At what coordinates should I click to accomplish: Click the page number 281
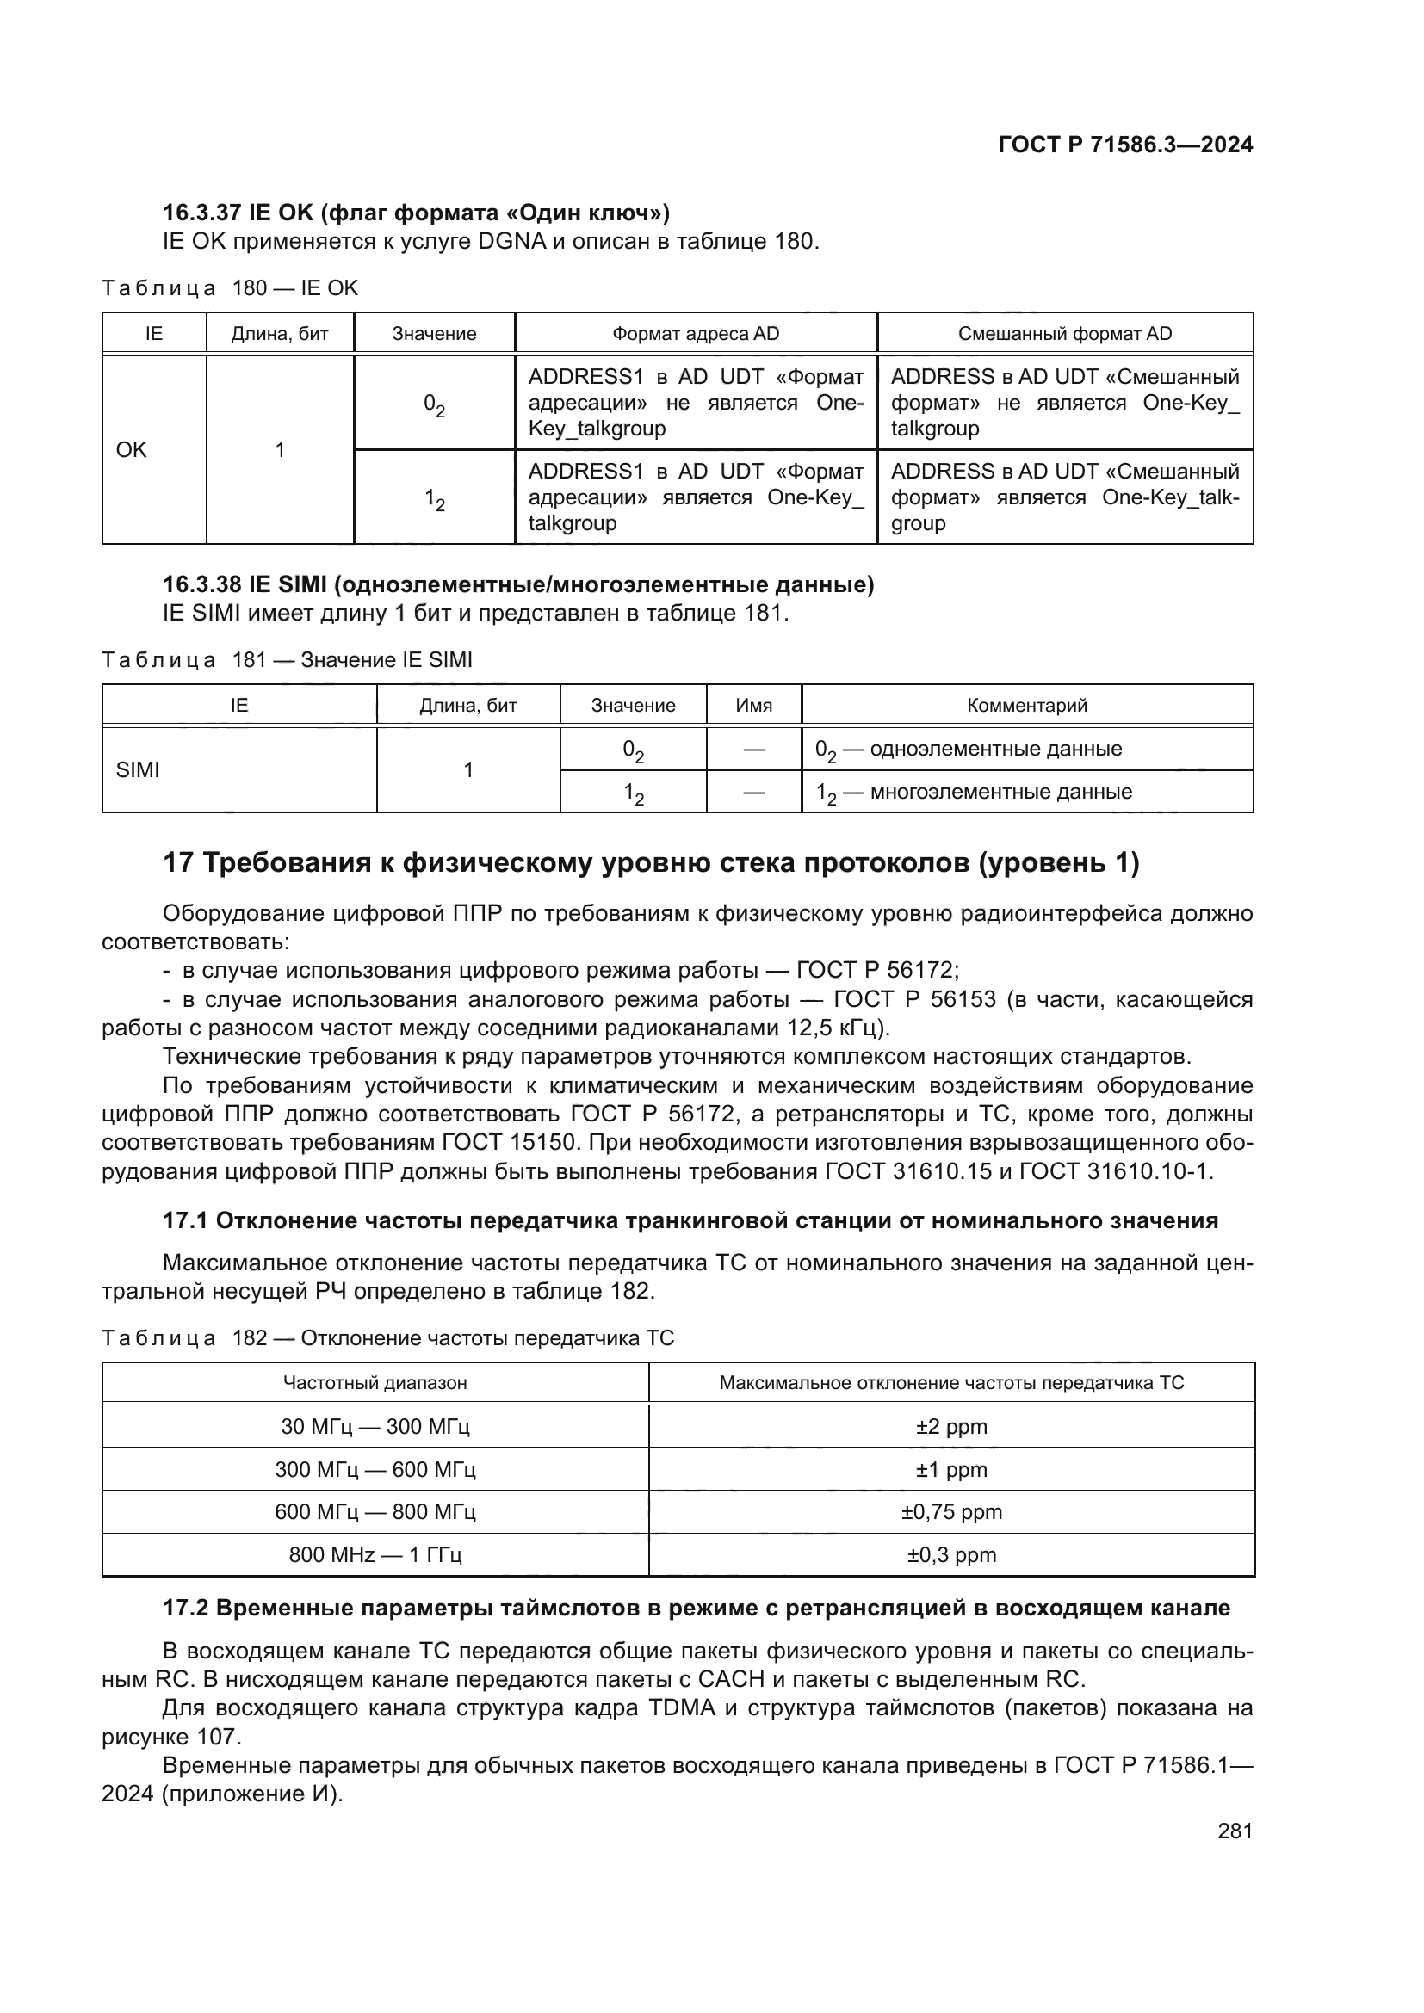click(1235, 1831)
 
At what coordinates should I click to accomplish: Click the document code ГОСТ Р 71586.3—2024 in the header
click(1126, 145)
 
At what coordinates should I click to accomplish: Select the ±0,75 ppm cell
click(951, 1511)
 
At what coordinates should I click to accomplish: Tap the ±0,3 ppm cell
click(951, 1554)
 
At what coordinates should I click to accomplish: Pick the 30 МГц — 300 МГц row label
click(375, 1426)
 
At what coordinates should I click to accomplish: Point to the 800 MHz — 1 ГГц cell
click(375, 1554)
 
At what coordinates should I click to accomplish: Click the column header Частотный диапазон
click(375, 1383)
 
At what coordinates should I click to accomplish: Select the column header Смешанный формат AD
click(1064, 333)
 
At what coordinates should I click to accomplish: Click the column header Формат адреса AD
click(696, 333)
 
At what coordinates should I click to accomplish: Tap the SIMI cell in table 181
click(139, 769)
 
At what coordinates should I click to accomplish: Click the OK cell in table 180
click(132, 450)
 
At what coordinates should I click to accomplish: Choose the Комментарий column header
click(1027, 705)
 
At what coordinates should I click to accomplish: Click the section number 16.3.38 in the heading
click(201, 584)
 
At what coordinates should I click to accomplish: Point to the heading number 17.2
click(185, 1608)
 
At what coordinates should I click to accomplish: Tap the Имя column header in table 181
click(753, 705)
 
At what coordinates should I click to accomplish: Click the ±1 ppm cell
click(951, 1469)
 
